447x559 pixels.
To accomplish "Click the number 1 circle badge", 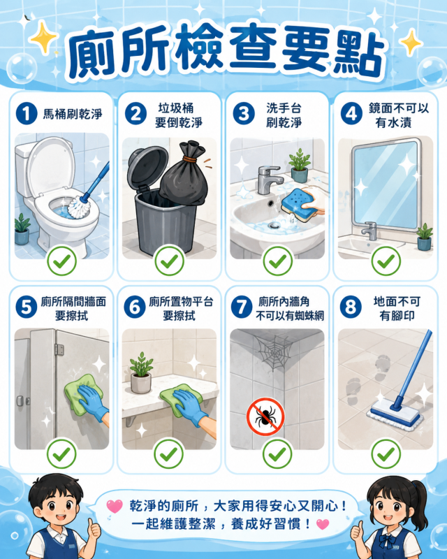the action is point(27,114).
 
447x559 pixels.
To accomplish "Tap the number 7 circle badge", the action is point(242,307).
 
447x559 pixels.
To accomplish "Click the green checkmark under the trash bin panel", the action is point(169,261).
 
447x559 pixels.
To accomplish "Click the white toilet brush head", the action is point(78,208).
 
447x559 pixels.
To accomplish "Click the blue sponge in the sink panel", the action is point(298,204).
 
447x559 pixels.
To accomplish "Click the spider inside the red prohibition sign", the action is point(265,417).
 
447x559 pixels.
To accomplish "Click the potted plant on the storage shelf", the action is point(141,372).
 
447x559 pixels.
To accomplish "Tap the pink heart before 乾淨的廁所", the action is point(114,506).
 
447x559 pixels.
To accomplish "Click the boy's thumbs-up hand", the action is point(94,529).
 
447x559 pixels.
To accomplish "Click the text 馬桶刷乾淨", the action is point(73,114).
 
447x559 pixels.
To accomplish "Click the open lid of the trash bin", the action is point(147,168).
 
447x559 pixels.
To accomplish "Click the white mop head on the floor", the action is point(395,415).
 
